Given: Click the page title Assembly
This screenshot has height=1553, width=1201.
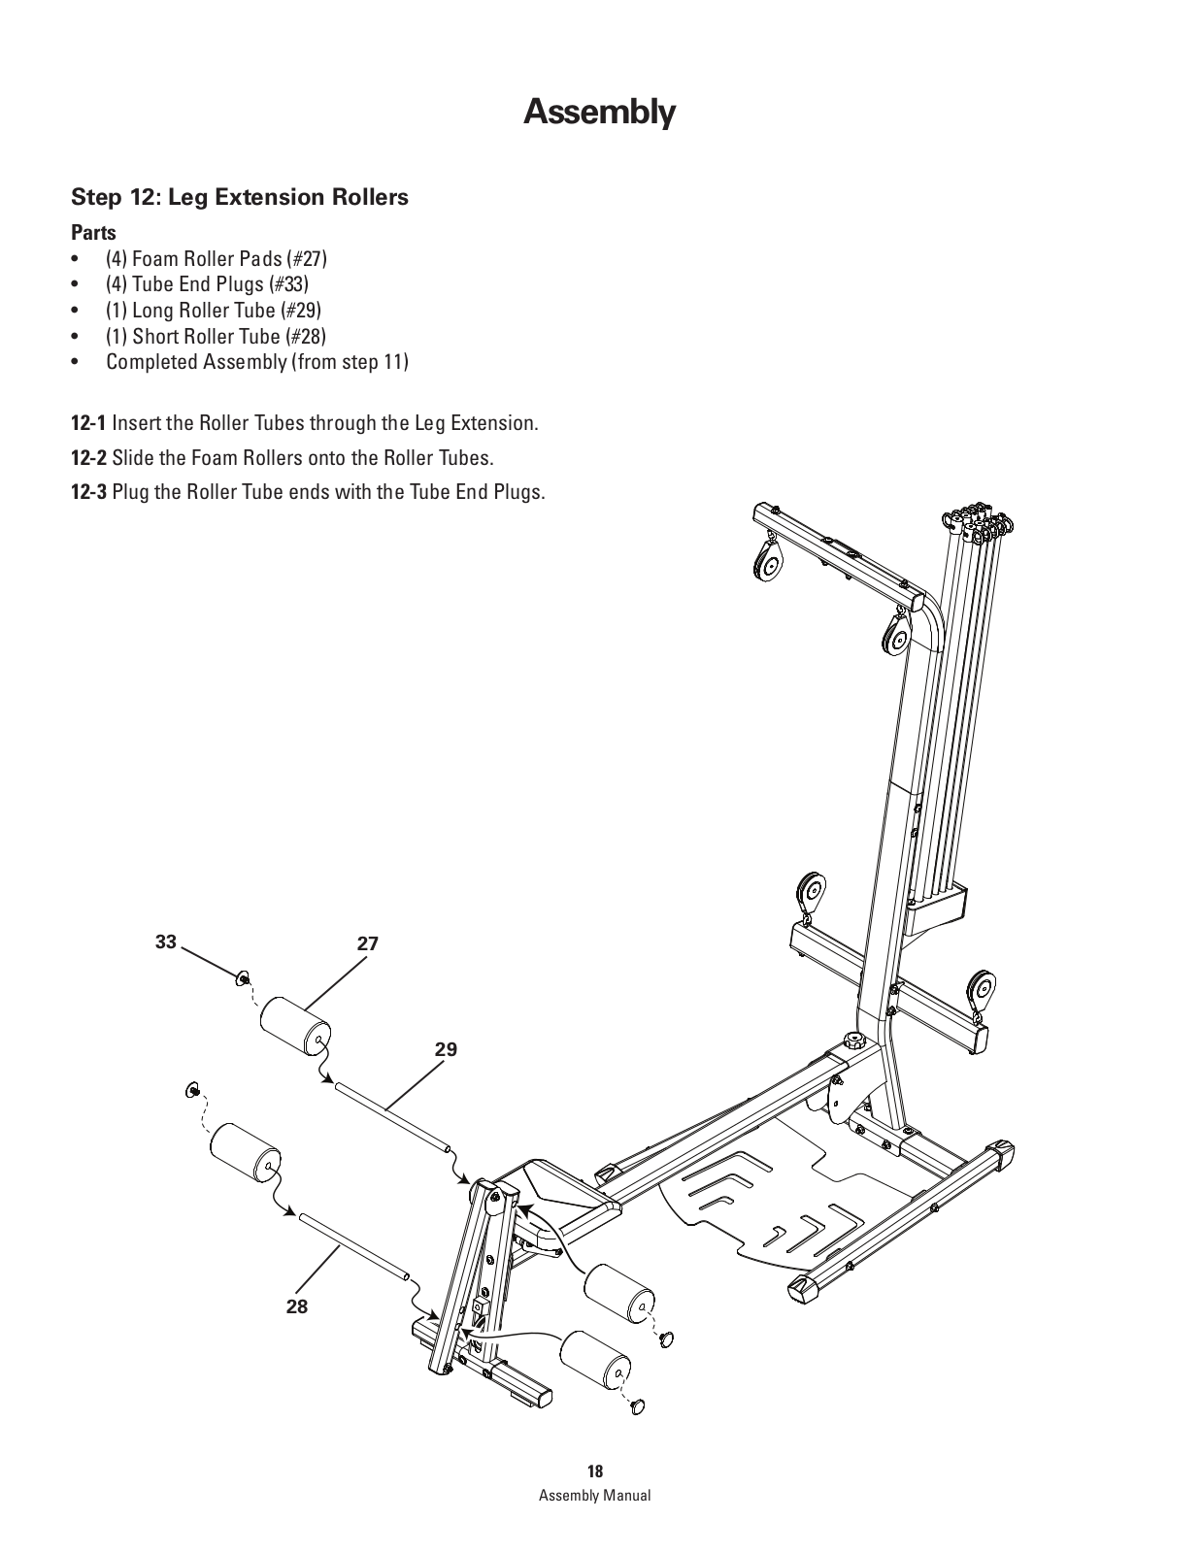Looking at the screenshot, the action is point(599,113).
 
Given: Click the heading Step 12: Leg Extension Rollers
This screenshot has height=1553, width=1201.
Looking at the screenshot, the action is point(240,197).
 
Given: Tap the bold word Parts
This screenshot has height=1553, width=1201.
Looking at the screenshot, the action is point(93,233).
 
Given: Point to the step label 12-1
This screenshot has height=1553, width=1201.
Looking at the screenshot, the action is point(88,423).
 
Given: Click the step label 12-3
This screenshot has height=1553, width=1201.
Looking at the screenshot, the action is point(88,492).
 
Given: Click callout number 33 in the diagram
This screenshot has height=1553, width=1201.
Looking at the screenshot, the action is point(166,942).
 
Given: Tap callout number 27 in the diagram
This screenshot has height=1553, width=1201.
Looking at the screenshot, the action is point(367,943).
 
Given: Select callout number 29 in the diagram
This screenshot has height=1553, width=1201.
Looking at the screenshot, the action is point(446,1049).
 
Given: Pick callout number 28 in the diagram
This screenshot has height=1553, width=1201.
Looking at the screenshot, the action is point(297,1306).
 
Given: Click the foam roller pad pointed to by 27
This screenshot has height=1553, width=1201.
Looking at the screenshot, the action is point(295,1027).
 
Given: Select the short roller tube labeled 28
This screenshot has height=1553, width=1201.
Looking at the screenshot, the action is point(354,1246).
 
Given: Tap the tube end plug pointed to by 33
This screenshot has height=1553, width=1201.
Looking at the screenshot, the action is point(243,977).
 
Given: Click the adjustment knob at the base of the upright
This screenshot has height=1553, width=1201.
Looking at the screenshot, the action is point(852,1041).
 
